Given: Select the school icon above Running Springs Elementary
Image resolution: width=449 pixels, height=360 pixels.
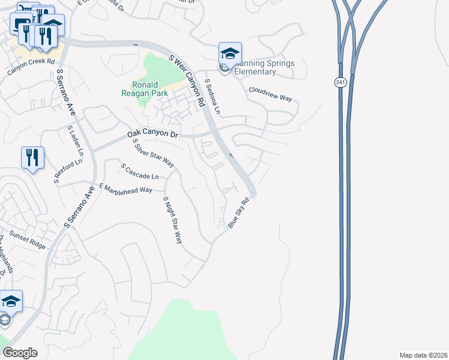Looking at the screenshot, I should click(230, 53).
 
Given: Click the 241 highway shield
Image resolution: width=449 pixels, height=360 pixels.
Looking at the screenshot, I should click(340, 83).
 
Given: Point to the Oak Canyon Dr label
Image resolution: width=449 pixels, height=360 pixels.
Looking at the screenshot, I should click(153, 135).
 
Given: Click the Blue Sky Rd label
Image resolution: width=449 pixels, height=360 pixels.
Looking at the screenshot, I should click(238, 212).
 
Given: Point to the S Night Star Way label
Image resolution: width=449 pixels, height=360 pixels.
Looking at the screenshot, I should click(172, 219).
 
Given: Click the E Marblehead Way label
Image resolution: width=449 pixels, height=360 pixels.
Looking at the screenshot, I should click(126, 190).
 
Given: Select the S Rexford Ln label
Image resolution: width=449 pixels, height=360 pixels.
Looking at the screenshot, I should click(68, 171).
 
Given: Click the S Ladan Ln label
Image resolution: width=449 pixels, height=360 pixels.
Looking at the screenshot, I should click(74, 139).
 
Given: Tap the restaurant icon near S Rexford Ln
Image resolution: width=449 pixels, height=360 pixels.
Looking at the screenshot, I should click(32, 158).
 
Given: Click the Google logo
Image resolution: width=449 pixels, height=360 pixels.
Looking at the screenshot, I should click(20, 352).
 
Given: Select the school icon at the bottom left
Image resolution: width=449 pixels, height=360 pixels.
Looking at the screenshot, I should click(10, 301).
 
